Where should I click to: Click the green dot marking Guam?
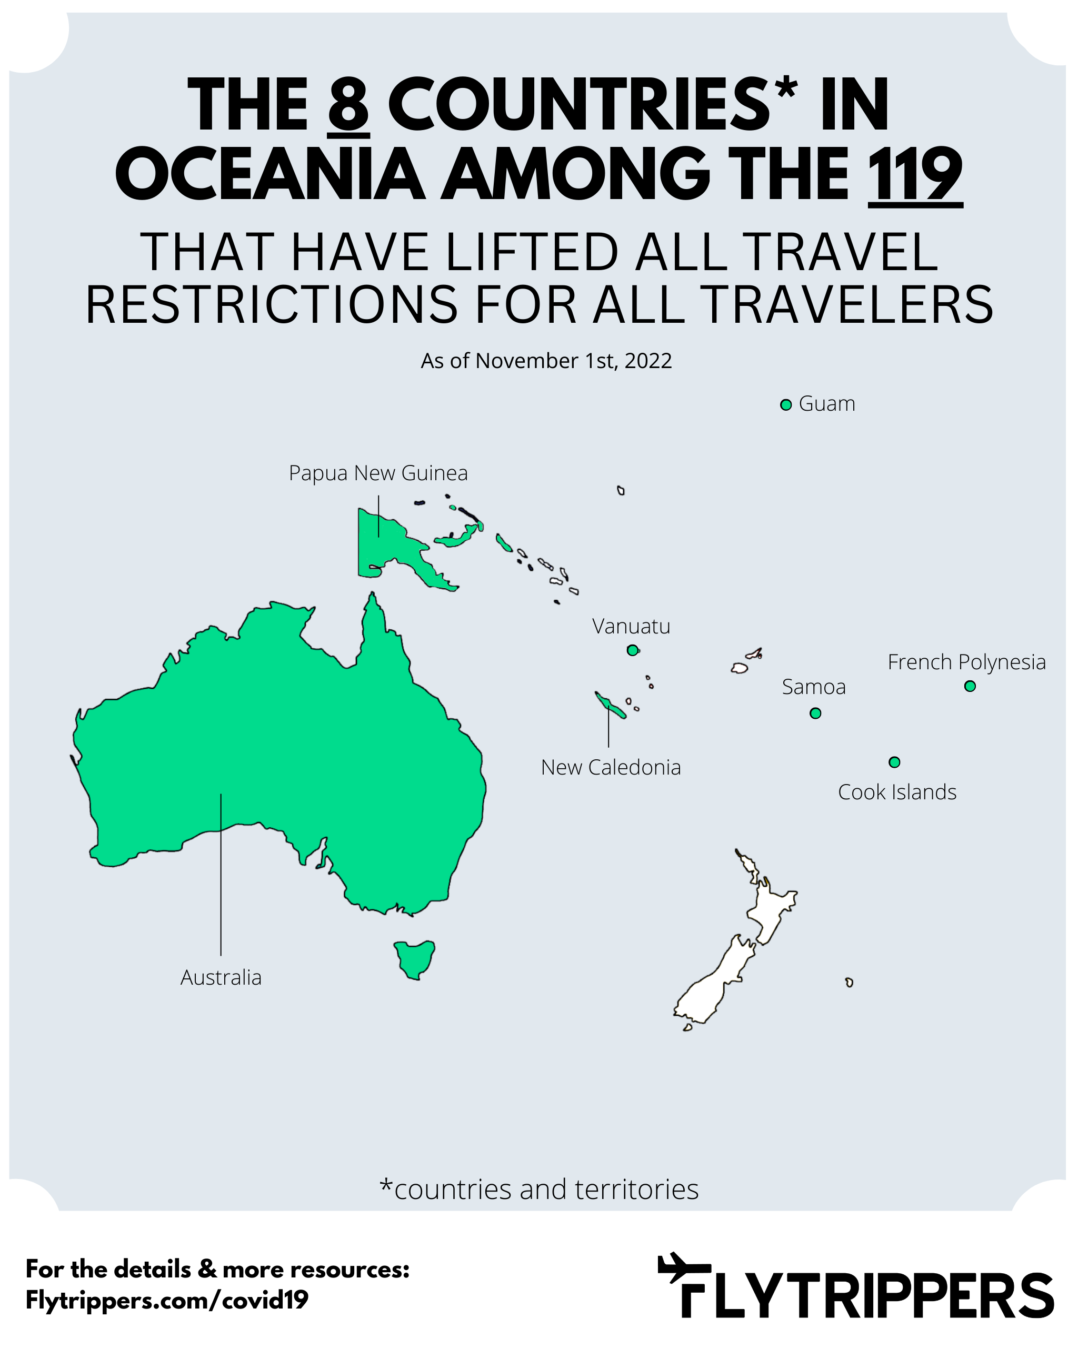coord(785,405)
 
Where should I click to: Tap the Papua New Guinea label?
coord(377,473)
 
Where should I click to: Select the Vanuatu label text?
coord(631,626)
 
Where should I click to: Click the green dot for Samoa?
coord(815,713)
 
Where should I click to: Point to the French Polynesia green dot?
coord(969,687)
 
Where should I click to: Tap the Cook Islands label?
coord(897,792)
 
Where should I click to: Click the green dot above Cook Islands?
coord(894,762)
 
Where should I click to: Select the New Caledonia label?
coord(611,767)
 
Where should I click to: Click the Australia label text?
coord(221,977)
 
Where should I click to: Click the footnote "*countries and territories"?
coord(538,1189)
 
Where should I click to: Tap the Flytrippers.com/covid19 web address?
coord(167,1300)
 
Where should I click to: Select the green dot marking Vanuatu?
coord(632,650)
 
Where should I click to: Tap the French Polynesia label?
coord(966,661)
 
